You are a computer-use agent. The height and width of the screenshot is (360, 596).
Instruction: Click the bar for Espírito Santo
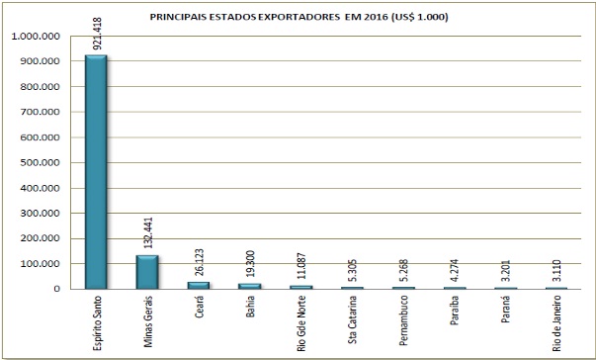(x=96, y=172)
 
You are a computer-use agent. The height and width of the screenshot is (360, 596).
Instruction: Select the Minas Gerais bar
(x=147, y=272)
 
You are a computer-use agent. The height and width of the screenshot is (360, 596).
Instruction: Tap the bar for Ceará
(x=199, y=286)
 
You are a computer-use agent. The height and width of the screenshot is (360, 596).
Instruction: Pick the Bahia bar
(x=250, y=286)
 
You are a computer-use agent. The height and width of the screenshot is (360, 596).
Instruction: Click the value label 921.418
(x=98, y=34)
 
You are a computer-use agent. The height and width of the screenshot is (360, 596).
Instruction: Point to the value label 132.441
(x=148, y=233)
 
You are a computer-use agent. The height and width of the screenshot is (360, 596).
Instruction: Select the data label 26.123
(x=200, y=262)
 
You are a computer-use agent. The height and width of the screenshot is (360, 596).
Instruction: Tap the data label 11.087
(x=301, y=266)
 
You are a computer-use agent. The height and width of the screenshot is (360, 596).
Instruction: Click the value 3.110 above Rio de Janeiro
(x=556, y=271)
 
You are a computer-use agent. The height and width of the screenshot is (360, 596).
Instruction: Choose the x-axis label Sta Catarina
(x=353, y=320)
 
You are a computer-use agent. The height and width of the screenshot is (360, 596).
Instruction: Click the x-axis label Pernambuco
(x=403, y=320)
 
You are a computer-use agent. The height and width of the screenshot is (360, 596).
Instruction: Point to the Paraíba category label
(x=455, y=311)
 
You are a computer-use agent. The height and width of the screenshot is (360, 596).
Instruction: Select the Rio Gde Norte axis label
(x=301, y=323)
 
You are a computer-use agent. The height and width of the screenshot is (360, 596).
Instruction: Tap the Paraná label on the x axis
(x=505, y=310)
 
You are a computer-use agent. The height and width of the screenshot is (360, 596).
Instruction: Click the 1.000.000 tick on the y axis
(x=36, y=37)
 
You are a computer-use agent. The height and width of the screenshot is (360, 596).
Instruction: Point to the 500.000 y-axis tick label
(x=41, y=163)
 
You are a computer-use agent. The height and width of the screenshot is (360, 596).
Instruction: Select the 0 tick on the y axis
(x=57, y=289)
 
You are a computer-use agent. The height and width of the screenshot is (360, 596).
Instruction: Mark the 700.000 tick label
(x=41, y=112)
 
